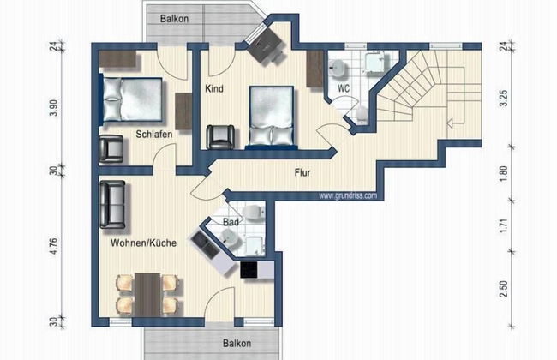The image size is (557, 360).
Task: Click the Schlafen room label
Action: tap(153, 135)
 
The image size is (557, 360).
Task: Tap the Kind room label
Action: tap(214, 88)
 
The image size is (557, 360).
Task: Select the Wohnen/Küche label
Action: tap(143, 243)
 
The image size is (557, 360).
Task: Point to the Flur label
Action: tap(302, 173)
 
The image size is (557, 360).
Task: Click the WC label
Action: tap(344, 88)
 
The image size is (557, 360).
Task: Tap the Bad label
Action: tap(231, 223)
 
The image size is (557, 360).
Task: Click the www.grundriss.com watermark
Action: tap(348, 195)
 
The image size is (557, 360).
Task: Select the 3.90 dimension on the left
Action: tap(53, 108)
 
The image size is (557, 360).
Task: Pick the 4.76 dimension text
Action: tap(53, 246)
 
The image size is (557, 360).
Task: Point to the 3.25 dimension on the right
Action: tap(503, 98)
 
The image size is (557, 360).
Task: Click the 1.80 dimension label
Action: tap(503, 173)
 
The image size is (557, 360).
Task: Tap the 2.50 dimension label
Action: tap(503, 289)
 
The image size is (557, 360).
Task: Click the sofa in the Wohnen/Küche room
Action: tap(112, 204)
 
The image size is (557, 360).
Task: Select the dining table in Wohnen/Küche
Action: tap(147, 295)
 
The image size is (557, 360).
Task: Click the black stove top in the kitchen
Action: tap(249, 270)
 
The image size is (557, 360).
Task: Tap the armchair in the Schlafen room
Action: tap(111, 149)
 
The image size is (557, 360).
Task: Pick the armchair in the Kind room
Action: tap(220, 137)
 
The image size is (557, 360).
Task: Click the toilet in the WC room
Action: tap(362, 114)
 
